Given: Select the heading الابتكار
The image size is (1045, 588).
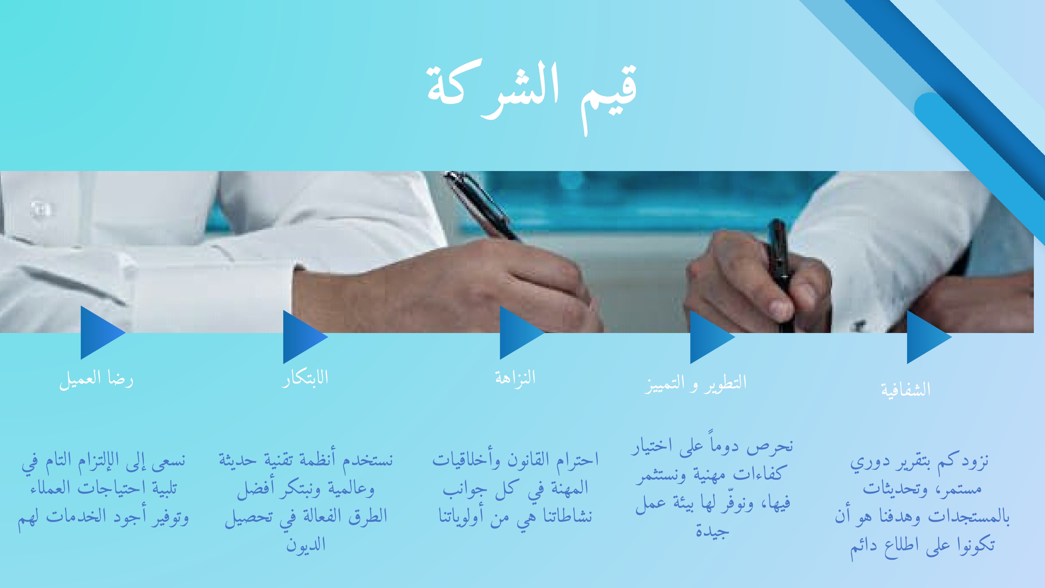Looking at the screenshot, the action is pyautogui.click(x=305, y=378).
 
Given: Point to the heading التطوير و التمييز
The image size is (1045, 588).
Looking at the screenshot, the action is pyautogui.click(x=695, y=384).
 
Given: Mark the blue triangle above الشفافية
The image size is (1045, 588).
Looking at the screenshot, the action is pyautogui.click(x=929, y=337).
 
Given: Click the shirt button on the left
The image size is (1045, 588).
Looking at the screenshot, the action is pyautogui.click(x=40, y=209).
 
